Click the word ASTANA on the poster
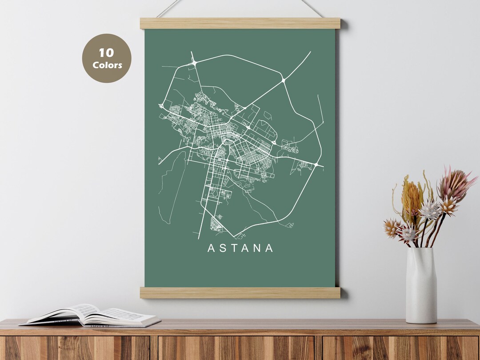pos(240,248)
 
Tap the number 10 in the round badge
pos(107,53)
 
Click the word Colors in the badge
pos(107,65)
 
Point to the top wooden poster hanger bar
pos(240,24)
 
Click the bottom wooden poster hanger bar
pos(240,292)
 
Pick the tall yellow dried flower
pos(411,197)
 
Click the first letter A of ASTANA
pos(211,248)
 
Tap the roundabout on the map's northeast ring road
pos(284,80)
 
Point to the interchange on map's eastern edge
pos(316,165)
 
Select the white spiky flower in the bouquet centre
pos(430,210)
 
